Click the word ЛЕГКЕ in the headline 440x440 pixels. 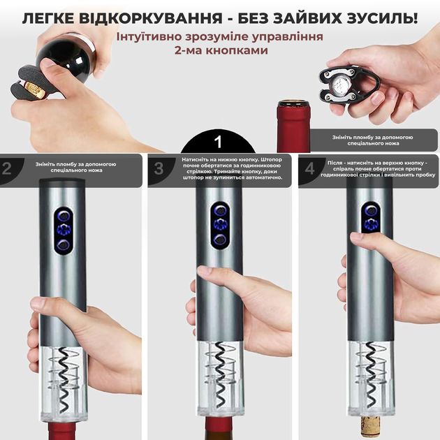coord(48,18)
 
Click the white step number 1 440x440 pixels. coord(219,142)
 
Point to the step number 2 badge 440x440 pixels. coord(7,169)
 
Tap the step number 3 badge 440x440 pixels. coord(159,169)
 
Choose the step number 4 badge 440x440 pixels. coord(310,169)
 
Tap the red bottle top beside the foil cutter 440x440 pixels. coord(294,126)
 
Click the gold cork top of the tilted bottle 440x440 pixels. coord(34,90)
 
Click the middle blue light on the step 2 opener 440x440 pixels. coord(64,230)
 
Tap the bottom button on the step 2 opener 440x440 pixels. coord(63,245)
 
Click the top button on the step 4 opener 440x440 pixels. coord(371,210)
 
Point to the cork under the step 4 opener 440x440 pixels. coord(370,428)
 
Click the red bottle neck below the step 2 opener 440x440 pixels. coord(62,432)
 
